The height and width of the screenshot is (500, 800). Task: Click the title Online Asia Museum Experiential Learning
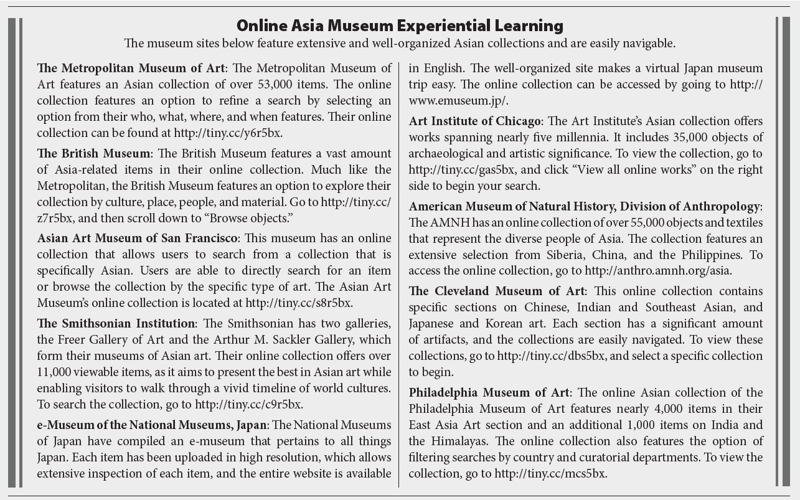(x=400, y=26)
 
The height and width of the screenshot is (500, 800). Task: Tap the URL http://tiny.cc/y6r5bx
(x=232, y=133)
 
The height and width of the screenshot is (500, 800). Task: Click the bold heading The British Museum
(x=93, y=153)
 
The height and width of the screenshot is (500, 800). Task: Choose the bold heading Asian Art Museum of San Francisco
(x=136, y=238)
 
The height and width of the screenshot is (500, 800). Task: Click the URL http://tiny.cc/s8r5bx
(x=299, y=303)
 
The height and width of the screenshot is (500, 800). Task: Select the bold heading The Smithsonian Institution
(x=116, y=323)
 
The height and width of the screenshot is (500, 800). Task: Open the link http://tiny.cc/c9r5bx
(x=249, y=404)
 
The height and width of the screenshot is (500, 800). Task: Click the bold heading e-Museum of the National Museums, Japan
(x=152, y=425)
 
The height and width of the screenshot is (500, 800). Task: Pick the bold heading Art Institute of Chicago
(x=475, y=121)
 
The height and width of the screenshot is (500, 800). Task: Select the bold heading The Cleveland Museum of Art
(x=497, y=291)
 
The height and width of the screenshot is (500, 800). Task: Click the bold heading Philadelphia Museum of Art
(x=489, y=392)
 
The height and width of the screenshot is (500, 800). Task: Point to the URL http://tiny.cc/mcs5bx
(x=550, y=473)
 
